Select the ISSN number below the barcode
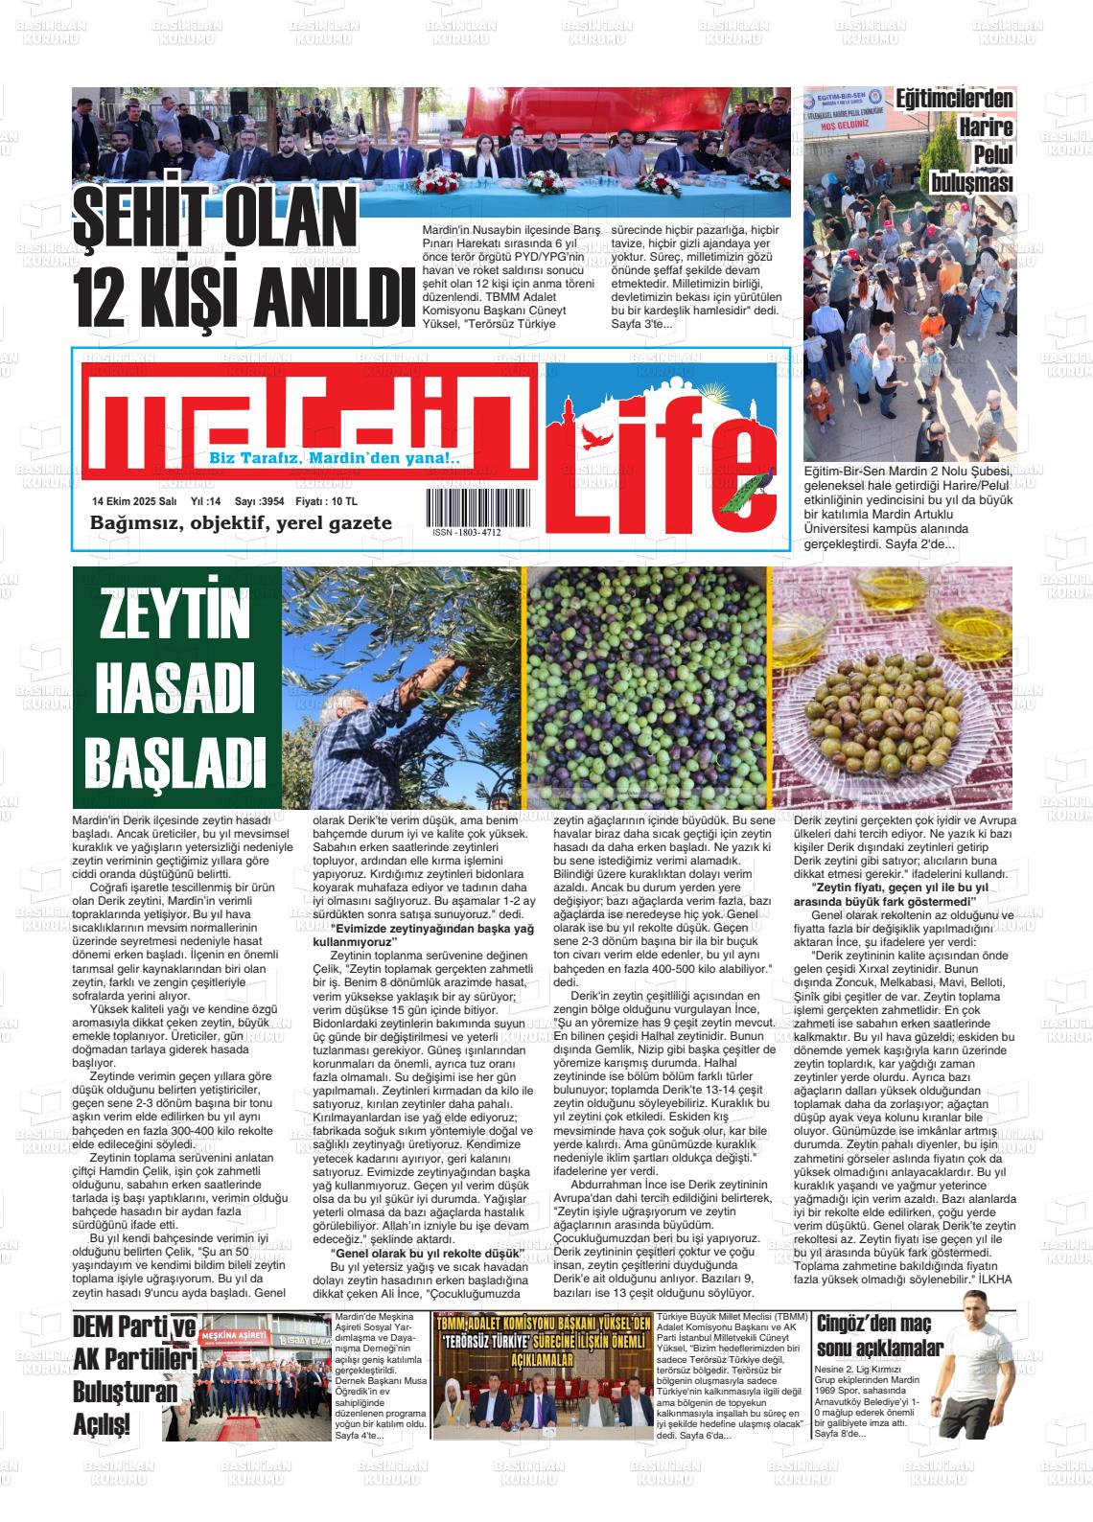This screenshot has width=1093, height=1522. click(x=466, y=532)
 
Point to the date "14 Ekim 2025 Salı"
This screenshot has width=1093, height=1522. click(x=133, y=501)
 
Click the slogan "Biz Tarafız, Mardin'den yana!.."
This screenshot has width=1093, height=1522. click(x=335, y=459)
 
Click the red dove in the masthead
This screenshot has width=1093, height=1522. click(x=601, y=437)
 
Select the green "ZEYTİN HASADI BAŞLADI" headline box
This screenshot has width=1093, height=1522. click(x=176, y=687)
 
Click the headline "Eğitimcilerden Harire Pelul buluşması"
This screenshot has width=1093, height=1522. click(x=968, y=140)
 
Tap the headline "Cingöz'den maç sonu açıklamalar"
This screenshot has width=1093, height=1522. click(x=880, y=1335)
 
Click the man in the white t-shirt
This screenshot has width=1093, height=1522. click(x=975, y=1371)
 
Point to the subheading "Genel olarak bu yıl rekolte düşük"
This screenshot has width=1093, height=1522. click(x=426, y=1253)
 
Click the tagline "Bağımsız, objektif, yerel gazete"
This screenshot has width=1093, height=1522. click(x=241, y=523)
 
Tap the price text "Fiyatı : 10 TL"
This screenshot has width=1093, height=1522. click(x=326, y=501)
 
